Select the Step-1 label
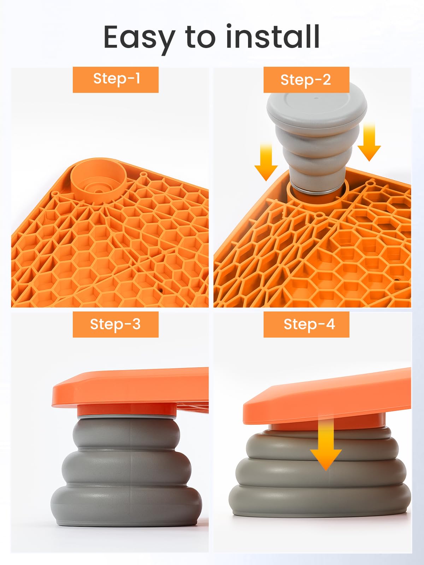tap(116, 79)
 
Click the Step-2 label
tap(306, 80)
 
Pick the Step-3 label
tap(116, 324)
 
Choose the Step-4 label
tap(306, 324)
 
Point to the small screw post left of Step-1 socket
tap(55, 194)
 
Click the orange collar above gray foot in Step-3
tap(126, 410)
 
